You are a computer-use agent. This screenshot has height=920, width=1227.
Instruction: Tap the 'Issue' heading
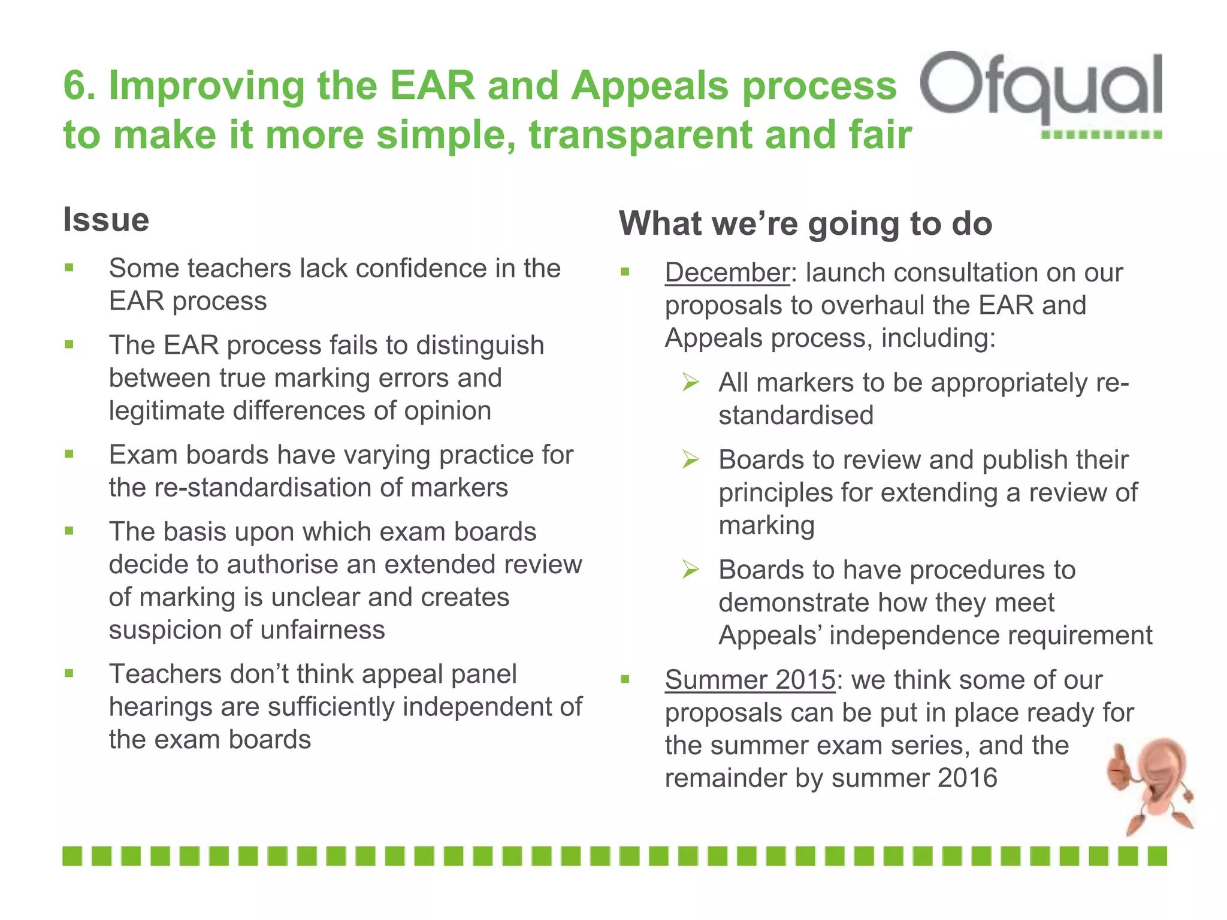[106, 220]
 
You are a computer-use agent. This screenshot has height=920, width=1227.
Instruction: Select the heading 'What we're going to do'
[805, 224]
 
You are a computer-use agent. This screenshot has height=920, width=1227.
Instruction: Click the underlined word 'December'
[727, 273]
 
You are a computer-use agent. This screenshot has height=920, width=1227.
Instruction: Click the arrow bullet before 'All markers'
[690, 382]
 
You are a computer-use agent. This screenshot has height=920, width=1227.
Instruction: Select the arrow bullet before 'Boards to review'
[690, 459]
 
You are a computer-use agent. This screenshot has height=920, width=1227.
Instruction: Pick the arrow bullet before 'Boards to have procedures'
[690, 569]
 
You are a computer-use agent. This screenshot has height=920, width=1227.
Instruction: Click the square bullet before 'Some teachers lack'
[69, 268]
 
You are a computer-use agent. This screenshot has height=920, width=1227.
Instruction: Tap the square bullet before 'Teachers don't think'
[69, 673]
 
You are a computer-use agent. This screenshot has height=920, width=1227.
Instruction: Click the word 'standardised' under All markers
[796, 416]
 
